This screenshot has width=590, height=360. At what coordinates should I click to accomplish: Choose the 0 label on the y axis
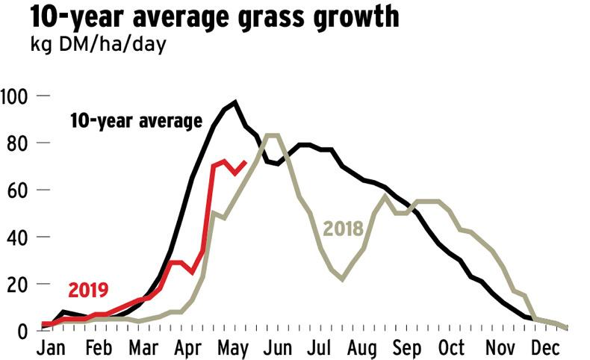(23, 331)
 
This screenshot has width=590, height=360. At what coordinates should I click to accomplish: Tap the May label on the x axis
(235, 348)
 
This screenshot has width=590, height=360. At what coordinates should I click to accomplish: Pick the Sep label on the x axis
(406, 348)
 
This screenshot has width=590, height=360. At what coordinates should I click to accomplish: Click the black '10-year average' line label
(136, 121)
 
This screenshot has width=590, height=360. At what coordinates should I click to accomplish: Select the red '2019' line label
(89, 291)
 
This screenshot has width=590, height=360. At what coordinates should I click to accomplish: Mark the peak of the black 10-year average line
(235, 102)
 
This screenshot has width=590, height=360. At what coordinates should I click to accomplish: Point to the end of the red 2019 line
(246, 161)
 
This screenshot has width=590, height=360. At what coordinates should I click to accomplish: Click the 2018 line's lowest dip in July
(343, 279)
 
